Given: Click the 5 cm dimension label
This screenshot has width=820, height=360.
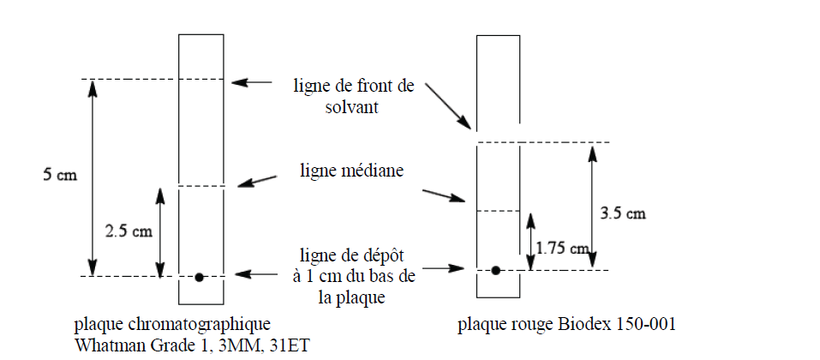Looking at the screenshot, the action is click(x=60, y=175).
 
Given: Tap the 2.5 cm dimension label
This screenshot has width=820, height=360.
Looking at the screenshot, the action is click(x=129, y=231).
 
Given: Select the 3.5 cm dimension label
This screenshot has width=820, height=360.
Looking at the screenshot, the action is click(x=622, y=213).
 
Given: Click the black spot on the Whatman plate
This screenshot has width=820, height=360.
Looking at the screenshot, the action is click(x=199, y=278).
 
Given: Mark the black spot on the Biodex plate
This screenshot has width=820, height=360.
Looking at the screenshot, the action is click(x=496, y=271).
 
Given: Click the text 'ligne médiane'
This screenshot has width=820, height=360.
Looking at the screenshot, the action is click(x=351, y=171).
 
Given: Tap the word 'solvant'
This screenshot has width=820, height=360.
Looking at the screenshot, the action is click(x=351, y=107).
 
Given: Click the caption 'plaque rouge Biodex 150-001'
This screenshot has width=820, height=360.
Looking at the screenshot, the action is click(x=567, y=324).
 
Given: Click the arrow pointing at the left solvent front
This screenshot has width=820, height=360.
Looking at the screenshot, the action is click(x=252, y=82).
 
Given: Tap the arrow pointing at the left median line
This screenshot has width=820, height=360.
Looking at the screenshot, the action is click(x=257, y=181).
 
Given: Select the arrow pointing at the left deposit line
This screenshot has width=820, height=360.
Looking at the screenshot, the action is click(x=256, y=274).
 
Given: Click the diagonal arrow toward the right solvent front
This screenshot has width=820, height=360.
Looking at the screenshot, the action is click(x=447, y=105).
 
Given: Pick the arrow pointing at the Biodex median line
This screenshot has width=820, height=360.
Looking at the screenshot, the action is click(x=444, y=195).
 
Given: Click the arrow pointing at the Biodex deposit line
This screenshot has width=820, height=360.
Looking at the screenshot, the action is click(x=443, y=268).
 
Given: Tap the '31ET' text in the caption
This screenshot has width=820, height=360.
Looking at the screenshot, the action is click(x=291, y=345).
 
